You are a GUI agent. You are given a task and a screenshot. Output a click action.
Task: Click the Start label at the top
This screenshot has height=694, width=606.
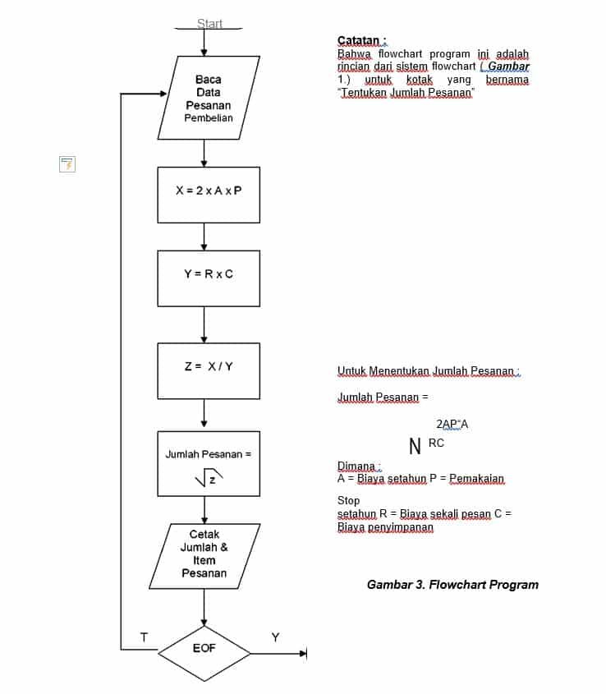point(209,24)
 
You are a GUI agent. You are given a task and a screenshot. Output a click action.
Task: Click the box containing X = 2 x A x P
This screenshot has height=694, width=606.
point(209,195)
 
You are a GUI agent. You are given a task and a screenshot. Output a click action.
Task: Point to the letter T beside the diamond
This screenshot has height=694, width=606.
point(144,637)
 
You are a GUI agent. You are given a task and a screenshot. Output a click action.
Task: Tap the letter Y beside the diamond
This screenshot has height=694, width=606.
point(276,637)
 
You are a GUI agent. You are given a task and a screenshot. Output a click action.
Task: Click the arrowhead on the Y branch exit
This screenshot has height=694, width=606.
point(302,654)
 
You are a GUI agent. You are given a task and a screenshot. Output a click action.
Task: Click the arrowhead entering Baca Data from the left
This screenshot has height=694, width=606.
point(162,94)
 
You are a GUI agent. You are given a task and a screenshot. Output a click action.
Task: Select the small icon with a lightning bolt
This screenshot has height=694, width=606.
point(67,163)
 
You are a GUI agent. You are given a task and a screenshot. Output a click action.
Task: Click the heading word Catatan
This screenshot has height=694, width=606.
point(359,40)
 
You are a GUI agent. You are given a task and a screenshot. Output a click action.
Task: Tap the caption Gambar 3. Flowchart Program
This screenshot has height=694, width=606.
point(452,585)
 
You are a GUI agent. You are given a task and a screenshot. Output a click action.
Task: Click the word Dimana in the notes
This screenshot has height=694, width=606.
point(356,466)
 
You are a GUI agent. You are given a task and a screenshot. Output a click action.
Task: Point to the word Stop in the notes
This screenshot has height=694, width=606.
point(348,499)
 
